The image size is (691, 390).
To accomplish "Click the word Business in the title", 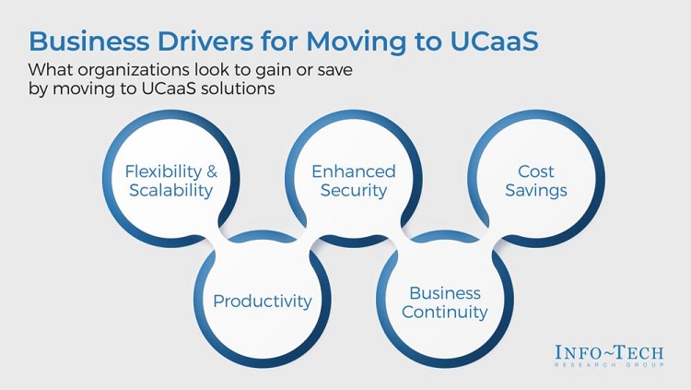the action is [x=89, y=41].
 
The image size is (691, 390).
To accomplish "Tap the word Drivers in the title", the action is [x=205, y=41].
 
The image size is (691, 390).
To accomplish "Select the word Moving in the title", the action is [x=356, y=42].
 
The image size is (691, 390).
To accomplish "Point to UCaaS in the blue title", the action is [x=494, y=41].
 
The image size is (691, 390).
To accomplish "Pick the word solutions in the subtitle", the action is [x=238, y=89].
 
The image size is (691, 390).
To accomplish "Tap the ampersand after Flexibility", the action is [x=212, y=171].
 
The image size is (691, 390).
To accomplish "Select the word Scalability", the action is [x=171, y=191].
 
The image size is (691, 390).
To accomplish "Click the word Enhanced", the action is [x=354, y=171].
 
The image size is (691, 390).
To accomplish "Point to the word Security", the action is [x=354, y=191].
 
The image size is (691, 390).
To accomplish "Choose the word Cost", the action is [x=536, y=171].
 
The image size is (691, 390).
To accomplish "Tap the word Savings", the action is [x=536, y=191].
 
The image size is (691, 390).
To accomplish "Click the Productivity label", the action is [x=263, y=301].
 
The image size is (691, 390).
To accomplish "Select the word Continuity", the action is [x=445, y=312].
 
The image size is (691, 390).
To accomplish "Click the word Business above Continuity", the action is [x=445, y=293].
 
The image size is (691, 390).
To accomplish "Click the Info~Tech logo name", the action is [x=610, y=352].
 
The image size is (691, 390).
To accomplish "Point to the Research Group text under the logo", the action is [x=610, y=365].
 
